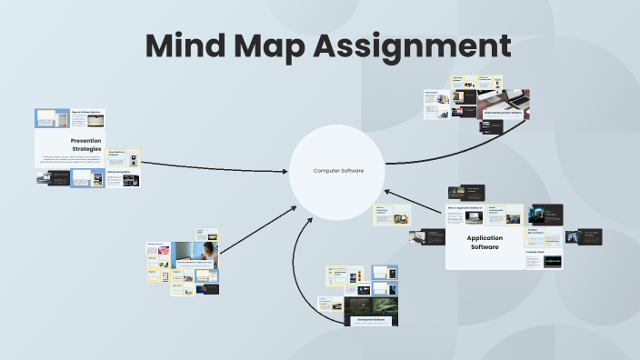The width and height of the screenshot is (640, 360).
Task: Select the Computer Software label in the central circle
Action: tap(338, 171)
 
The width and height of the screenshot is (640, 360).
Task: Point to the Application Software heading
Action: tap(485, 242)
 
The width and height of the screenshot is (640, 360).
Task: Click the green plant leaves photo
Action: tap(373, 306)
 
